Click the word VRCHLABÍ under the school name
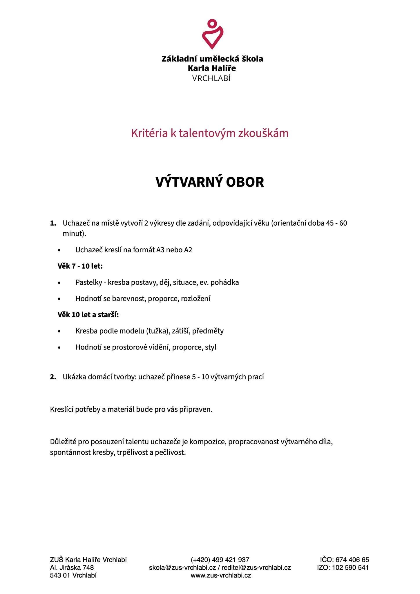pos(211,79)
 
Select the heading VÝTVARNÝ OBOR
pos(210,182)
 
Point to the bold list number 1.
pos(53,223)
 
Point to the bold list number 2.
pos(53,377)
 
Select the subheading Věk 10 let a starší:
pos(88,314)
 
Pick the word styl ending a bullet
pos(211,347)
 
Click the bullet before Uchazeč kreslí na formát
pos(59,250)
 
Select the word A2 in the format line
pos(188,250)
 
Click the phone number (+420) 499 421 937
pos(220,560)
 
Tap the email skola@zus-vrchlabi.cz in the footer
pos(182,567)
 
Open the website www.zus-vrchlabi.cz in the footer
pos(221,575)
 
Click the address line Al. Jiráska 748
pos(72,567)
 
